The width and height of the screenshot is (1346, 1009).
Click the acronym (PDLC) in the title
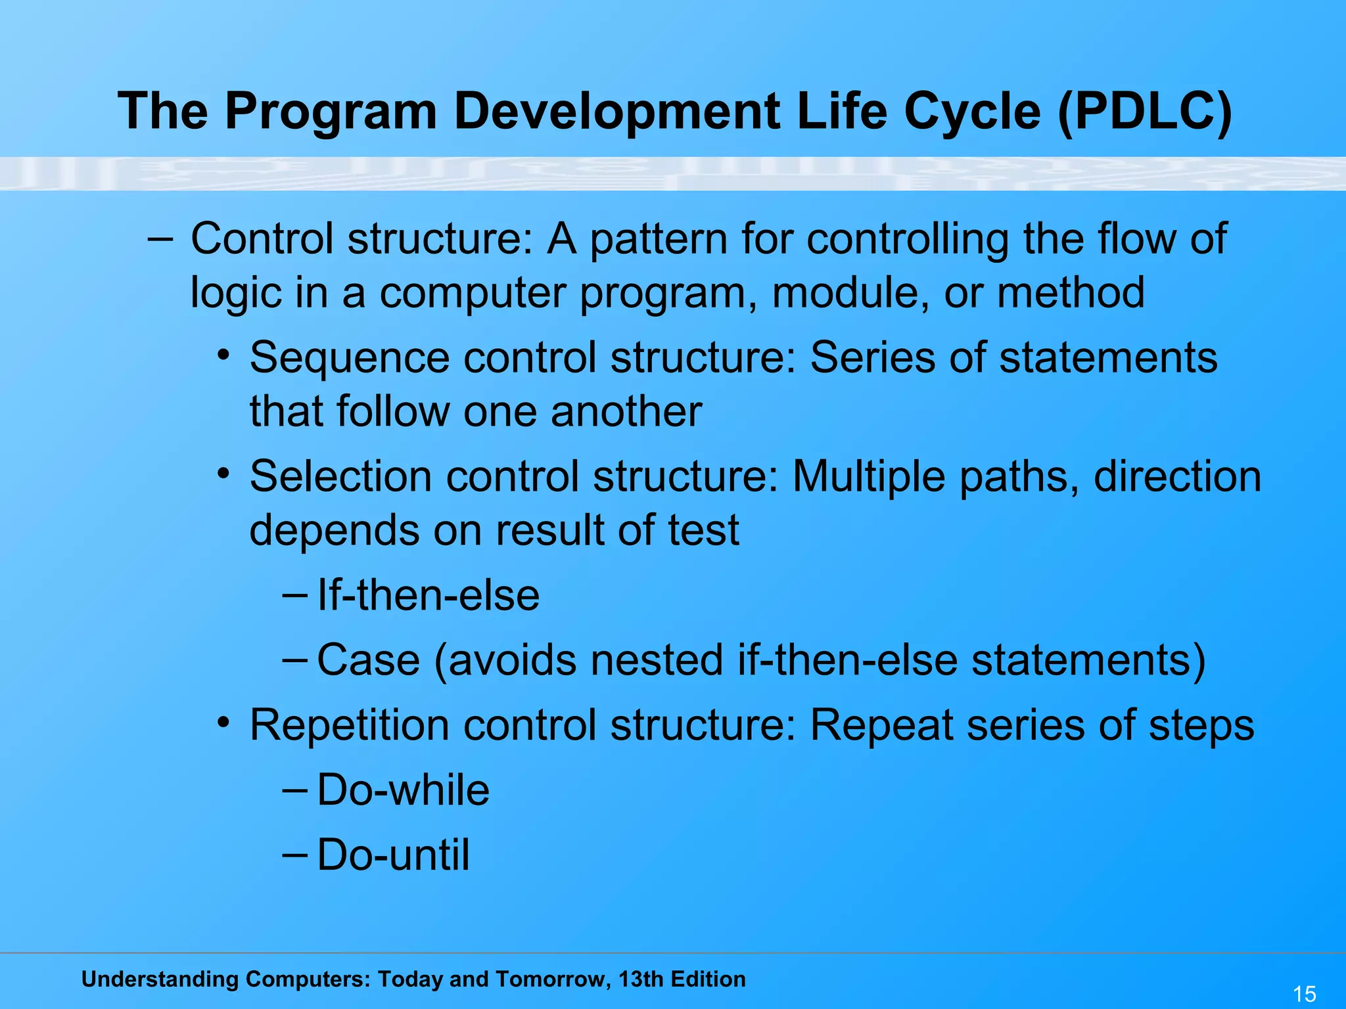[1145, 112]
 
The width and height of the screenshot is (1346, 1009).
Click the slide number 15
[1304, 994]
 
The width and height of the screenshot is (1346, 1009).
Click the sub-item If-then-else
[428, 595]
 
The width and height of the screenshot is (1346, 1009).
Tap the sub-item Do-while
[403, 790]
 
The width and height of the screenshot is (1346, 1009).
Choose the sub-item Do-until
[393, 855]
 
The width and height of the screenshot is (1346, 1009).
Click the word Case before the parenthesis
[368, 660]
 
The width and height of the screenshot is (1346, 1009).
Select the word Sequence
[349, 358]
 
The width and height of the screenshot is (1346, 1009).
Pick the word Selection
[340, 476]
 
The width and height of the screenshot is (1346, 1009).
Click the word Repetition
[349, 725]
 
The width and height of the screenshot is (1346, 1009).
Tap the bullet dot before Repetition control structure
[224, 723]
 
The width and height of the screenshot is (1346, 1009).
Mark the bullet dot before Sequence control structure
[224, 355]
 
